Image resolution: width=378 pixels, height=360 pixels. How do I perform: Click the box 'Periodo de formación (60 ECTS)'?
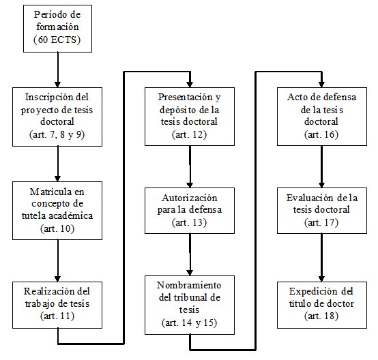(x=57, y=29)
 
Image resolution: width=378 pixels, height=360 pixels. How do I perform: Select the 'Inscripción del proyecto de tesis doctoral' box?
(x=57, y=117)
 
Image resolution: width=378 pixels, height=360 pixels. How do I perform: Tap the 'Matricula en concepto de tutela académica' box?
(x=57, y=211)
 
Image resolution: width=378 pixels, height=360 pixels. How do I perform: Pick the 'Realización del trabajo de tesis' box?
(x=57, y=305)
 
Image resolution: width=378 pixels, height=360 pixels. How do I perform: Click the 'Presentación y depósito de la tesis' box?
(x=190, y=117)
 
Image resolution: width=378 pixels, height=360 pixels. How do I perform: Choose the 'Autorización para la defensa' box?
(x=190, y=211)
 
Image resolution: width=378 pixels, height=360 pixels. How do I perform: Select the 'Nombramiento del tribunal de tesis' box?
(x=190, y=305)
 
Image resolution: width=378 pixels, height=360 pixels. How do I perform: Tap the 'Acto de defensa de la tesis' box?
(x=322, y=117)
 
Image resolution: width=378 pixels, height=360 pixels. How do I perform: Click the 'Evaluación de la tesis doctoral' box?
(x=322, y=211)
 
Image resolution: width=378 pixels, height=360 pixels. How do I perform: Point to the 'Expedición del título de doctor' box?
(x=322, y=305)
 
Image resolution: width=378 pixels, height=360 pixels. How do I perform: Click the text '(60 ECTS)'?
(x=57, y=40)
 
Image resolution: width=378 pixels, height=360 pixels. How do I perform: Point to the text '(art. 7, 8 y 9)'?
(x=57, y=134)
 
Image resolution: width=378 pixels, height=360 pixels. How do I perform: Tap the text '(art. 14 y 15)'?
(x=189, y=322)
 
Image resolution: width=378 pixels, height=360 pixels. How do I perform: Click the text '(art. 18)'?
(x=321, y=316)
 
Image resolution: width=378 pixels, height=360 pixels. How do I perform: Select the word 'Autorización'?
(x=190, y=198)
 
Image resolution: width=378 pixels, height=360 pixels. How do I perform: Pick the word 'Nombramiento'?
(x=189, y=285)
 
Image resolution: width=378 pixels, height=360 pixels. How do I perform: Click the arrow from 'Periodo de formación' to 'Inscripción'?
(x=57, y=70)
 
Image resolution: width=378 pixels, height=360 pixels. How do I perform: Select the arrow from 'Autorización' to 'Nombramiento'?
(x=190, y=254)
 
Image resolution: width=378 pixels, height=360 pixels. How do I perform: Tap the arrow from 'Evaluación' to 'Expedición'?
(x=321, y=258)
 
